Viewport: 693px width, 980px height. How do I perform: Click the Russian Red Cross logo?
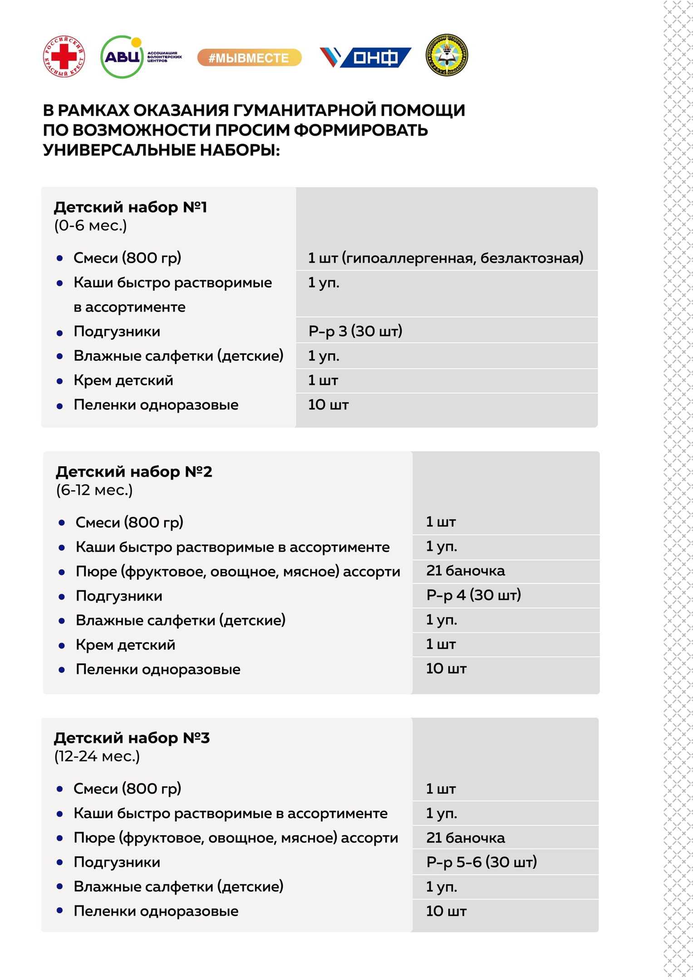pos(64,56)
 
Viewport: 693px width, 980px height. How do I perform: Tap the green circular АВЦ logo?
pos(122,57)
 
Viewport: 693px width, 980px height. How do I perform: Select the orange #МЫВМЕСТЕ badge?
pos(249,58)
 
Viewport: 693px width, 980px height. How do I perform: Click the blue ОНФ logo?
pos(366,58)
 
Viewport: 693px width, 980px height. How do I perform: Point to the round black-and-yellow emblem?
pos(447,55)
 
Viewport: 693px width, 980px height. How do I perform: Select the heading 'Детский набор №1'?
pos(130,207)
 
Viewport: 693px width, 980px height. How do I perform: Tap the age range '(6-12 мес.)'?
pos(94,490)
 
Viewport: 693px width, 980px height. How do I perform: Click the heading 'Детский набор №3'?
pos(132,738)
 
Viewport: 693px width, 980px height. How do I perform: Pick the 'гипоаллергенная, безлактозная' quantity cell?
pos(445,258)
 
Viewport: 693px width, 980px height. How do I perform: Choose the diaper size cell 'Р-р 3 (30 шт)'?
pos(355,331)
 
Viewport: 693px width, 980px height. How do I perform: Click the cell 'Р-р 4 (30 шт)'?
pos(473,595)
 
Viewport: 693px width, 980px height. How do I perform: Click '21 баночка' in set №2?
pos(465,571)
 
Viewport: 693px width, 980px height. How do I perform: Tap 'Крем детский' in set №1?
pos(123,380)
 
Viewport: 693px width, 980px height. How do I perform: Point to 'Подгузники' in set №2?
pos(119,596)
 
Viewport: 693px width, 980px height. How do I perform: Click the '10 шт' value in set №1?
pos(328,405)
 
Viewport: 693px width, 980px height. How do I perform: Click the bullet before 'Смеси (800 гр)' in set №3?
pos(59,789)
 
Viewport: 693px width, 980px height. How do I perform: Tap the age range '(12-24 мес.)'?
pos(97,756)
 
